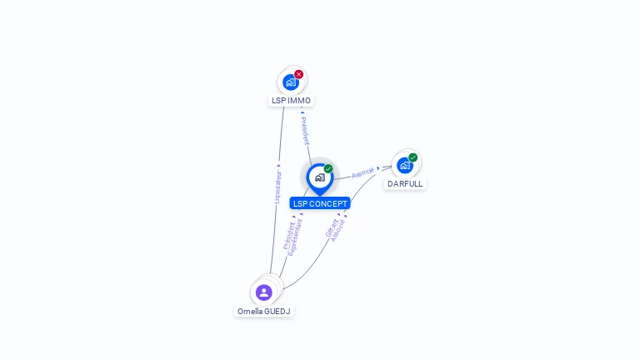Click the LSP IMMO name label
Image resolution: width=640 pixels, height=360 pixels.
(291, 101)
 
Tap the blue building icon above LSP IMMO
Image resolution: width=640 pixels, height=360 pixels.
(290, 82)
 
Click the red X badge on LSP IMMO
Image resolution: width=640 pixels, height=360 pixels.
(299, 74)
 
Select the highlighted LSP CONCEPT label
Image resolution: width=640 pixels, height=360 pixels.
(320, 203)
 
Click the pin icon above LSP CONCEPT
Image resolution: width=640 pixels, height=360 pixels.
(319, 177)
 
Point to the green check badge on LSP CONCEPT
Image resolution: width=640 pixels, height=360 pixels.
(328, 169)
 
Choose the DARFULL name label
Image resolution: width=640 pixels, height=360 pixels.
(405, 183)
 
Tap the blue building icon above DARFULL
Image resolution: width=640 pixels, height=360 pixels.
(404, 165)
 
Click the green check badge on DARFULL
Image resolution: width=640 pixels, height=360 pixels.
(413, 157)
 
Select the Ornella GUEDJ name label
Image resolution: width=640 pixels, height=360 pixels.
(264, 311)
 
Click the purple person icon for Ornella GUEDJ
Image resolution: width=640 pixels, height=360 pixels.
(264, 292)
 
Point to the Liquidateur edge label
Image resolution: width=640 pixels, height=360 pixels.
(278, 187)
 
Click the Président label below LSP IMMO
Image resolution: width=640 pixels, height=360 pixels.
(305, 131)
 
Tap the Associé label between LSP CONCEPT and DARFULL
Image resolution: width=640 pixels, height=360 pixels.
(362, 172)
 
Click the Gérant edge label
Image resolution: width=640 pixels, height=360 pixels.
(330, 227)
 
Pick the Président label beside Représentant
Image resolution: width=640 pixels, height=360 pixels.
(288, 234)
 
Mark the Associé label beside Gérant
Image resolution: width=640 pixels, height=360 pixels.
(338, 230)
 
